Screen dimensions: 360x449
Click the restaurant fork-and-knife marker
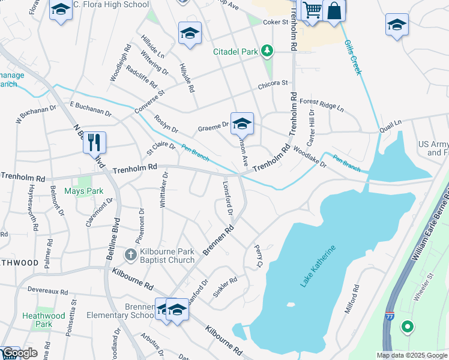click(x=94, y=142)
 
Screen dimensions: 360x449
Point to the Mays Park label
click(x=92, y=191)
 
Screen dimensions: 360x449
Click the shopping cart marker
click(x=312, y=10)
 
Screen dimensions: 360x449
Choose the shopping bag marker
click(x=334, y=11)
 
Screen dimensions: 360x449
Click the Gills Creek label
click(x=353, y=57)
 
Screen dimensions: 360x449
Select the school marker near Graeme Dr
click(x=242, y=124)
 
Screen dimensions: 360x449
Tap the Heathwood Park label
click(x=43, y=320)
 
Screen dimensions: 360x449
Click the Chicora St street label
click(x=273, y=83)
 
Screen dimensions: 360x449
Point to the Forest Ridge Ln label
click(x=322, y=106)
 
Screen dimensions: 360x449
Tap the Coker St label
click(x=276, y=22)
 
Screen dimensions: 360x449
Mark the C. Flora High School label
click(x=110, y=5)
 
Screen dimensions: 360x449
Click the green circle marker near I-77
click(x=408, y=327)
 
